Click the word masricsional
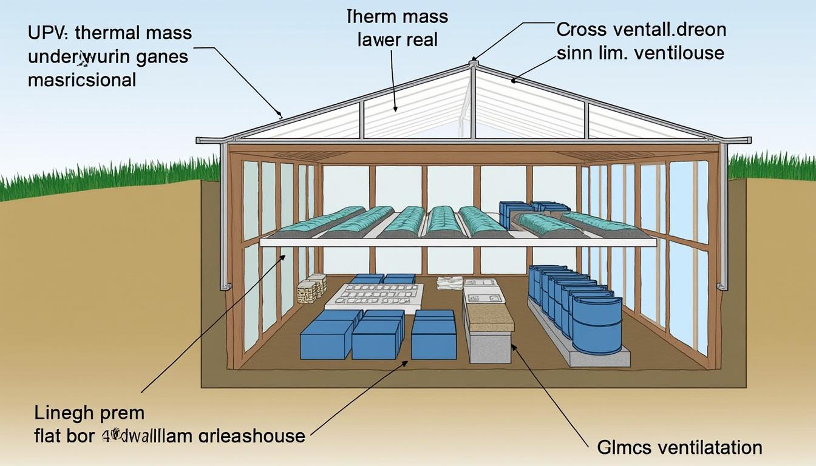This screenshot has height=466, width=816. pos(82,79)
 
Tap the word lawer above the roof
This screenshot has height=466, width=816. pos(375,40)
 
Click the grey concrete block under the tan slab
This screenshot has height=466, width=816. pos(489,346)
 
